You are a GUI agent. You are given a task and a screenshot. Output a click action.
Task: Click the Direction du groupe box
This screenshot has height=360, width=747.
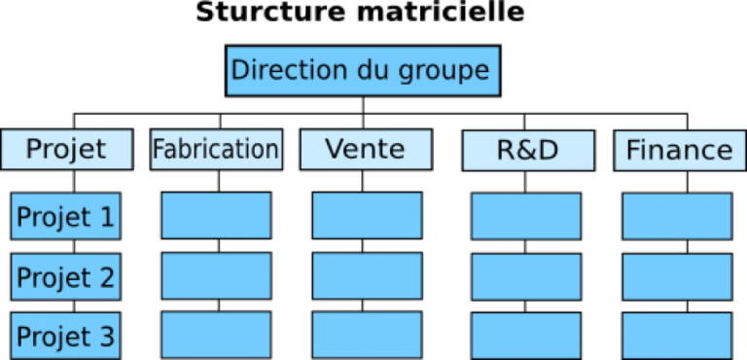coord(363,71)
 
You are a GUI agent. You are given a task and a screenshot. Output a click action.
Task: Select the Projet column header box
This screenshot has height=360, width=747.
coord(66,150)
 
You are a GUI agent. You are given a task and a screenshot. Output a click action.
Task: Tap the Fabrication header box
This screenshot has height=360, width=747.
coord(216,150)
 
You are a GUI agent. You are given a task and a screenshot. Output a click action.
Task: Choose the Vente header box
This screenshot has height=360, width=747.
coord(366,150)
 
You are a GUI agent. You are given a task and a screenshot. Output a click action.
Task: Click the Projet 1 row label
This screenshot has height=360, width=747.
coord(65,216)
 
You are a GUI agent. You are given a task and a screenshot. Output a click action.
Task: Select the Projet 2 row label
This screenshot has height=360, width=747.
coord(65,277)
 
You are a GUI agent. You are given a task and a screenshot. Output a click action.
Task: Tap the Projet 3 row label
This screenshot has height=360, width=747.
coord(65,336)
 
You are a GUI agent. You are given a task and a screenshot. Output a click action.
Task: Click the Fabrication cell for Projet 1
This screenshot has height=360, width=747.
coord(216,216)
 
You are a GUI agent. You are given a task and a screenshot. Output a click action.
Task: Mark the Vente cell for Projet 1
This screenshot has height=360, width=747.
coord(367,216)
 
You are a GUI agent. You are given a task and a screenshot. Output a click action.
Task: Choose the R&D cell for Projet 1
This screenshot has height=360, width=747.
coord(526,216)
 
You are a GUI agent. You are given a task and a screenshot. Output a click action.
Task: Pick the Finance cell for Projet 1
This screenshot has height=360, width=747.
coord(677,216)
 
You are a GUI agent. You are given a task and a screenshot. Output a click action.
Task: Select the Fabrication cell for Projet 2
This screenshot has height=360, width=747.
coord(216,276)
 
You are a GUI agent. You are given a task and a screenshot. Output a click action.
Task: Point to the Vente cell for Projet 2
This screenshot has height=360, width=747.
coord(367,276)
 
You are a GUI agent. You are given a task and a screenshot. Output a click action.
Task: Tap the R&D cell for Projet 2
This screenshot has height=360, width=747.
coord(526,276)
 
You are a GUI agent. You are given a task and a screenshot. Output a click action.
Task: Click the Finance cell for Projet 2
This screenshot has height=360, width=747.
coord(677,276)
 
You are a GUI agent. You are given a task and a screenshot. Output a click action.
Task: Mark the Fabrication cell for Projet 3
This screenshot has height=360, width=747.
coord(216,335)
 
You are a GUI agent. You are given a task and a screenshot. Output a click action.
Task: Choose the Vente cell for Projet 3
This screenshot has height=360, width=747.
coord(367,335)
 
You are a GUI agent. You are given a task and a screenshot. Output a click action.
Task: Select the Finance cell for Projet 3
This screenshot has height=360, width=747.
coord(677,335)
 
